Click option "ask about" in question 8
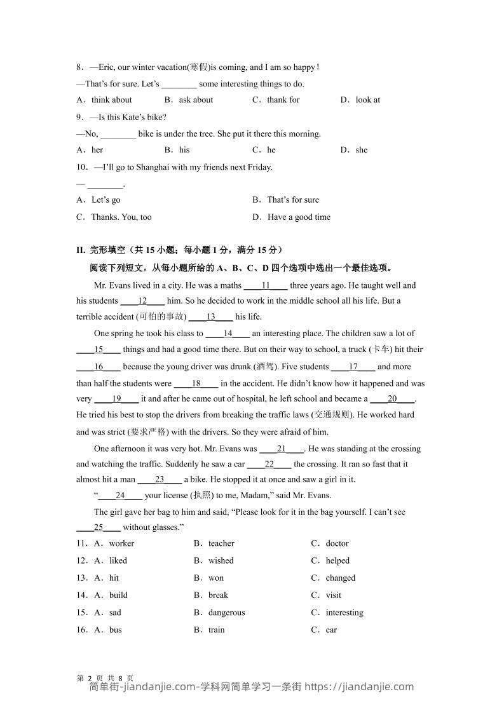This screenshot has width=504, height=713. (x=196, y=100)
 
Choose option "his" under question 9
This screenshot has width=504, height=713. (x=184, y=150)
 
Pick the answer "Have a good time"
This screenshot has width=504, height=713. (x=299, y=217)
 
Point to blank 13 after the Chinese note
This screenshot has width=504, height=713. (x=211, y=317)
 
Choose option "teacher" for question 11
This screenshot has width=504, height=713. (x=221, y=544)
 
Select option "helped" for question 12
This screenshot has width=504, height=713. (x=337, y=561)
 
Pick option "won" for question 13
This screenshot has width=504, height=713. (x=215, y=578)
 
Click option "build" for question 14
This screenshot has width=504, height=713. (x=118, y=595)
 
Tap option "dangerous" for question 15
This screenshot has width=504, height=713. (x=226, y=613)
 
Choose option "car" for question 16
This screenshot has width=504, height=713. (x=331, y=630)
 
